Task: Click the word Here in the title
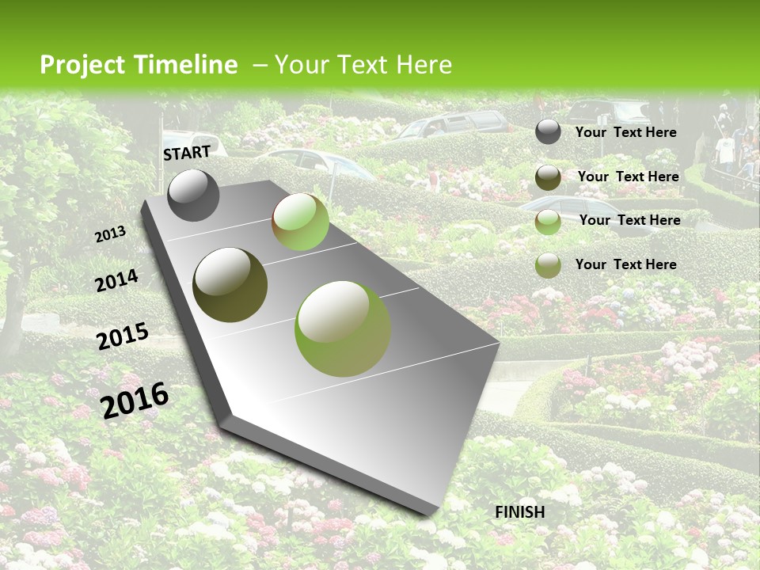(x=424, y=65)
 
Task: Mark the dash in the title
(x=259, y=66)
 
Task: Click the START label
(x=187, y=152)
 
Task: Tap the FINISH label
(x=520, y=512)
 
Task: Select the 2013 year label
(x=111, y=234)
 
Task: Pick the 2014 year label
(x=117, y=281)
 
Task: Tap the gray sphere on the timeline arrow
(x=193, y=195)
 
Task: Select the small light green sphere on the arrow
(x=300, y=222)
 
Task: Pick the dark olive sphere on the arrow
(x=230, y=285)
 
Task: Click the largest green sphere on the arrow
(x=343, y=328)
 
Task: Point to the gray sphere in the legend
(x=548, y=131)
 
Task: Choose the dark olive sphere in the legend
(x=548, y=177)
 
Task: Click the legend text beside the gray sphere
(x=625, y=132)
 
